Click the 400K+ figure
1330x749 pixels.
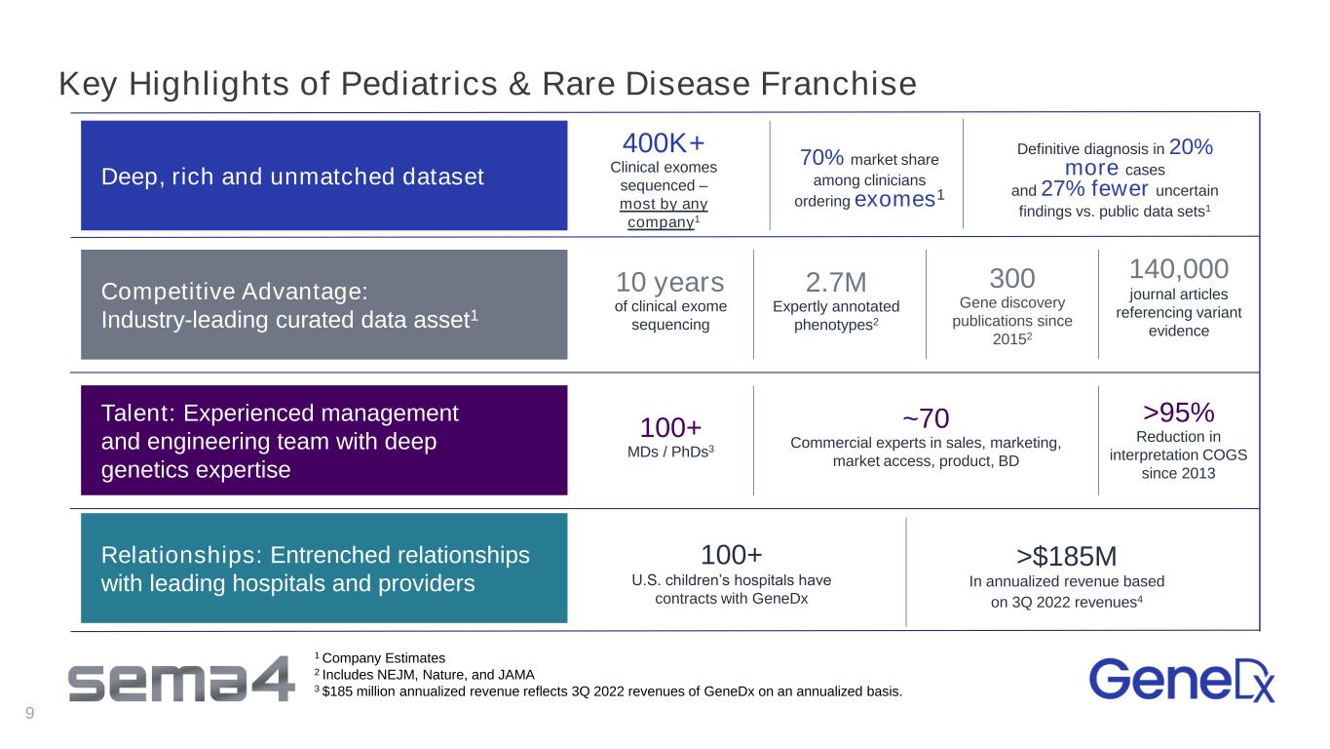tap(664, 143)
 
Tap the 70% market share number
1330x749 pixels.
tap(821, 158)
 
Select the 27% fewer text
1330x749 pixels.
tap(1094, 188)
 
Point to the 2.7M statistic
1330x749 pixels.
tap(836, 283)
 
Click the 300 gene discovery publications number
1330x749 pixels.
tap(1011, 278)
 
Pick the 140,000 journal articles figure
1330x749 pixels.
tap(1178, 269)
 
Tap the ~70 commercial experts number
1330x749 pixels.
tap(926, 418)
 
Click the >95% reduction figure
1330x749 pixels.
tap(1178, 413)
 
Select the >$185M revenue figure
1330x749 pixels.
tap(1066, 557)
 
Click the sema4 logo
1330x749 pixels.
tap(181, 680)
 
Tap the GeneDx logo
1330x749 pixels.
tap(1182, 680)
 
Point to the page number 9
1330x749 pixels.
tap(29, 713)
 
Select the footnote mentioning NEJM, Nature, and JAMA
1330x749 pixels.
tap(425, 675)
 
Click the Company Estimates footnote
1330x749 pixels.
tap(380, 658)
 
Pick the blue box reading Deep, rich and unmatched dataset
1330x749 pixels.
tap(324, 176)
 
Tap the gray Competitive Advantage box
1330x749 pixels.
tap(324, 304)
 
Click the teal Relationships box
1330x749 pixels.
tap(324, 569)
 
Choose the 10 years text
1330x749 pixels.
tap(669, 283)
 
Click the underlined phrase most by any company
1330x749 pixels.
tap(664, 213)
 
